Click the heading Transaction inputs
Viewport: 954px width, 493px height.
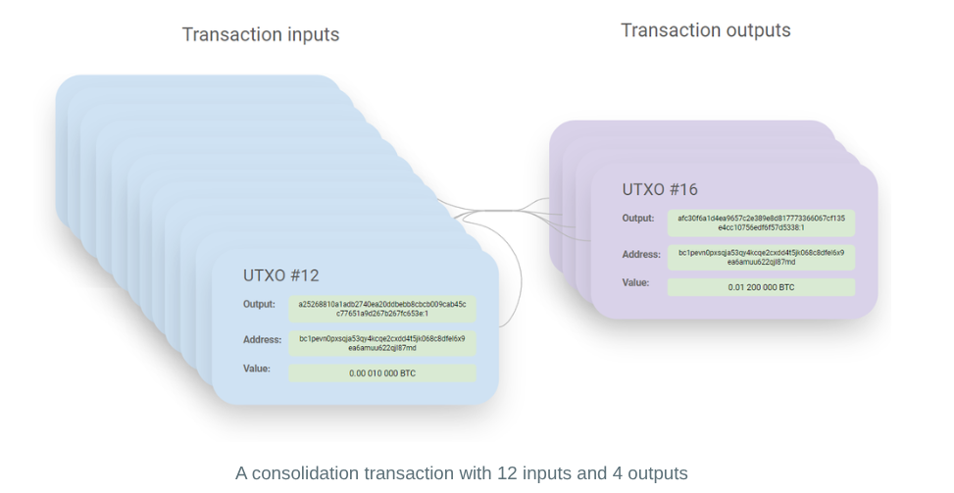(261, 35)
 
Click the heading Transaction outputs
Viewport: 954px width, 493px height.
(705, 30)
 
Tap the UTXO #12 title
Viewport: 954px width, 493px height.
(280, 275)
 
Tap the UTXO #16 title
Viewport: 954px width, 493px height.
(660, 189)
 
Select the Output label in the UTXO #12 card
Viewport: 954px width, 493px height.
(259, 304)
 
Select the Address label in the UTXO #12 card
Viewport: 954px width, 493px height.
(262, 340)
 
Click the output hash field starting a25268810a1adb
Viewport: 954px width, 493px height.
(382, 309)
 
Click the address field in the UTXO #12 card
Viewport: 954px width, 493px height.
(382, 343)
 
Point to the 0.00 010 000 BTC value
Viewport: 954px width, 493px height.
(382, 373)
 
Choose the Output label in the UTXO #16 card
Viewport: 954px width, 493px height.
(637, 218)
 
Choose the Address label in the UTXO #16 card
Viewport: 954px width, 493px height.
(640, 254)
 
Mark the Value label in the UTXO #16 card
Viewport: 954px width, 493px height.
(635, 282)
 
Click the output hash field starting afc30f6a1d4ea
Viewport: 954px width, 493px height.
(761, 222)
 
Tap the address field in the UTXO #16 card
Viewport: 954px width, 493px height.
(761, 257)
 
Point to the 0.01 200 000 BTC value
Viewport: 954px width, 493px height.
(761, 287)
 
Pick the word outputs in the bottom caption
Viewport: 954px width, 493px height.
(658, 473)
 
